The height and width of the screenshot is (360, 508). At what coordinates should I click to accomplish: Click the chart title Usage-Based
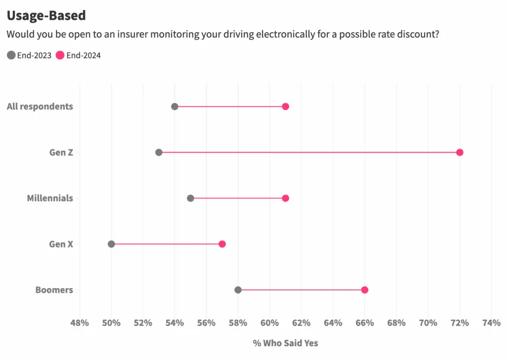(x=46, y=15)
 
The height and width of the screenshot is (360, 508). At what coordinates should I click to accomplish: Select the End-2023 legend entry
(x=29, y=55)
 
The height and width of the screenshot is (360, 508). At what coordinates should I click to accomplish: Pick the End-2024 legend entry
(x=78, y=55)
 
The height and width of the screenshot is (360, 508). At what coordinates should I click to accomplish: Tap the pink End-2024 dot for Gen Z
(x=459, y=152)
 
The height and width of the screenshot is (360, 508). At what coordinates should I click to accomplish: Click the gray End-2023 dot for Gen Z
(x=159, y=152)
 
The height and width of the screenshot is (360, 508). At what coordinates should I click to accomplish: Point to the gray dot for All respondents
(x=175, y=106)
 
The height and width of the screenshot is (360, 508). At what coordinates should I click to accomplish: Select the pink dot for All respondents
(x=285, y=106)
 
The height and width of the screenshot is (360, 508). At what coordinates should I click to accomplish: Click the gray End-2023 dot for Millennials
(x=190, y=198)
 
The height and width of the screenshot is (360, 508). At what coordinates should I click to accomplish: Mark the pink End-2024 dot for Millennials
(x=285, y=198)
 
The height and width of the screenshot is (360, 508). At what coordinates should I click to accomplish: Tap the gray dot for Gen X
(x=111, y=244)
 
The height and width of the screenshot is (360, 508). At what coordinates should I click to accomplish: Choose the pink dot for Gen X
(x=222, y=244)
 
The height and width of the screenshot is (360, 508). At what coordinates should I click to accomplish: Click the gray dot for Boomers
(x=238, y=290)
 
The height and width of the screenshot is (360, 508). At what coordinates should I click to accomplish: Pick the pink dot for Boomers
(x=365, y=290)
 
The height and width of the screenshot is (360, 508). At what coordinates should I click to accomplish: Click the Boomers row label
(x=54, y=290)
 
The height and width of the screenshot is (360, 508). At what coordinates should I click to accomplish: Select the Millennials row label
(x=50, y=198)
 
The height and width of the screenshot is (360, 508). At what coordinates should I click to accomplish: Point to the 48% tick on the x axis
(x=80, y=323)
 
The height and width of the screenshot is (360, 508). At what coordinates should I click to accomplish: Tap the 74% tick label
(x=491, y=323)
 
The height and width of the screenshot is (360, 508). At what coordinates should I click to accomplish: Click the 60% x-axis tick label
(x=269, y=323)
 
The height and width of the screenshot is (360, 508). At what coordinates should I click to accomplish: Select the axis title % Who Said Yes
(x=285, y=343)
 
